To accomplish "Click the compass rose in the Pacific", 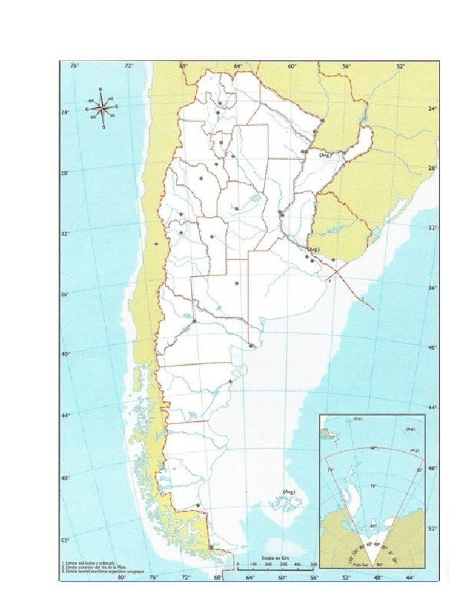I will click(x=103, y=108).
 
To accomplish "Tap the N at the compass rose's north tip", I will click(x=101, y=90).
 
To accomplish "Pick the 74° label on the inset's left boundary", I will click(x=330, y=471).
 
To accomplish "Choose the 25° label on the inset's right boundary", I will click(x=419, y=470).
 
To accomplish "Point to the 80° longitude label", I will click(x=122, y=577).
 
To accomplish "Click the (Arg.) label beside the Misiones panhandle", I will click(x=325, y=155).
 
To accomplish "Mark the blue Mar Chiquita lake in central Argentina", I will click(x=255, y=196).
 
